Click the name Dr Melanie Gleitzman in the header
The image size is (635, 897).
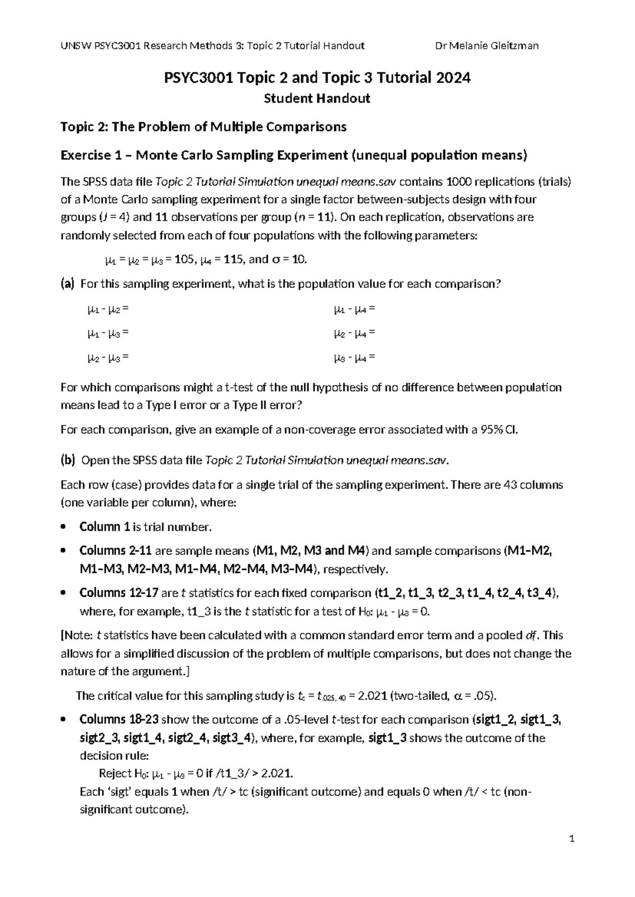tap(486, 45)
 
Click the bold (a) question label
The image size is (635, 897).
tap(68, 284)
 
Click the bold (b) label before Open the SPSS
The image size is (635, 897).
tap(68, 460)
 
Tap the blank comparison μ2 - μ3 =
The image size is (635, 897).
tap(108, 358)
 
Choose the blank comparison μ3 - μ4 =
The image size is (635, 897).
tap(354, 358)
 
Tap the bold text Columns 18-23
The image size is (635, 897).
tap(119, 720)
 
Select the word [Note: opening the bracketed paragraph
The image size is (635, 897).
tap(77, 635)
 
